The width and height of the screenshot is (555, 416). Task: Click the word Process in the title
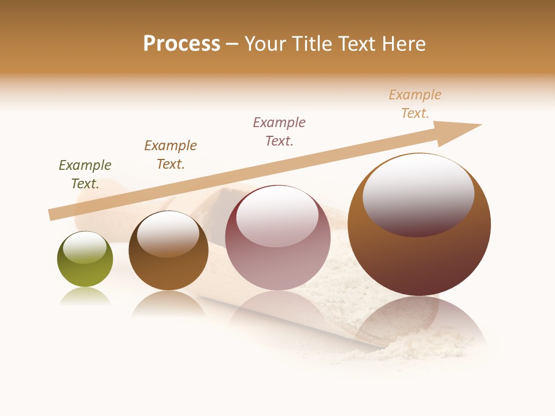[182, 44]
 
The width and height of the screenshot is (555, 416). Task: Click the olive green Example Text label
[85, 174]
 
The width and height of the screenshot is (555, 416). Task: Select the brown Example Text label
[171, 155]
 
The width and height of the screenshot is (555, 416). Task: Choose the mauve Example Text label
[279, 132]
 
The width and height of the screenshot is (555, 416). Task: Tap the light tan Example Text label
[415, 104]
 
